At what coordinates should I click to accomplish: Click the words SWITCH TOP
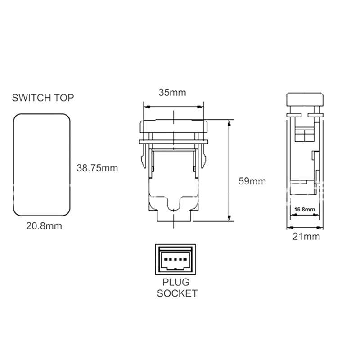point(43,98)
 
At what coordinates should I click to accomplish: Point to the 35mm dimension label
point(172,93)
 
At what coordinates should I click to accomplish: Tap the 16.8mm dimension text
point(305,209)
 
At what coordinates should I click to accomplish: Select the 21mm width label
point(306,236)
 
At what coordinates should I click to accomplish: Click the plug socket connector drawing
point(175,260)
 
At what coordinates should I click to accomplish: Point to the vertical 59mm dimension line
point(230,171)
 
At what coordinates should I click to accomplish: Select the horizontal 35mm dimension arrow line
point(173,107)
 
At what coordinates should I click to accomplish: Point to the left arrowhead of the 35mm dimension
point(146,107)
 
